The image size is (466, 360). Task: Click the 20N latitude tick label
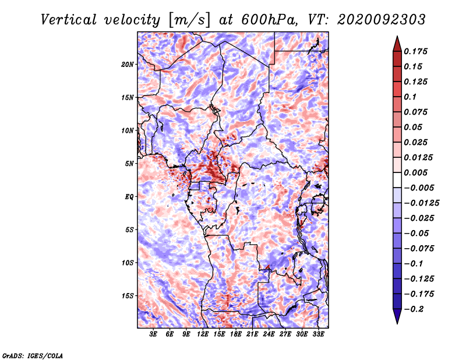click(127, 64)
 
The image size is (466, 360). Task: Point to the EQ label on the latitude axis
click(129, 196)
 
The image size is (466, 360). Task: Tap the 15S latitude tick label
click(127, 295)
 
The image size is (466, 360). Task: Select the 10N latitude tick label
click(127, 130)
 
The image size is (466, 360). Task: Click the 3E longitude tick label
click(153, 334)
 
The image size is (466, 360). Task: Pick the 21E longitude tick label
click(252, 334)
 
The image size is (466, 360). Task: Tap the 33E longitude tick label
click(318, 334)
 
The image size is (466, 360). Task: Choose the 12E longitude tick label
click(203, 334)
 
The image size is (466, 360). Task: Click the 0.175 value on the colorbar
click(417, 51)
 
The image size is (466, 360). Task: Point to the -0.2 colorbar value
click(416, 309)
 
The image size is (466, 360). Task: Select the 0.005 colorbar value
click(417, 172)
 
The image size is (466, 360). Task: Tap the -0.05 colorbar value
click(418, 233)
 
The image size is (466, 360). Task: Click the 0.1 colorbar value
click(412, 97)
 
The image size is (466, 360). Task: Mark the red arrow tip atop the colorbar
click(396, 40)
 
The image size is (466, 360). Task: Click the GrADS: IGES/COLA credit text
click(33, 355)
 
